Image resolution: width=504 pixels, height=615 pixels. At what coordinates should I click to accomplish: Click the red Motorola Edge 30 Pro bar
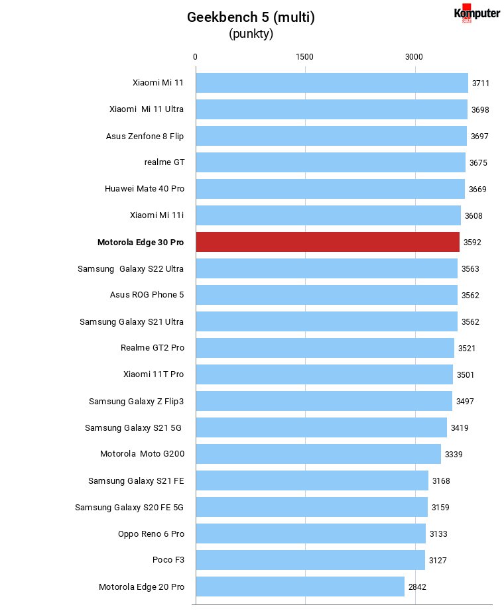click(x=328, y=242)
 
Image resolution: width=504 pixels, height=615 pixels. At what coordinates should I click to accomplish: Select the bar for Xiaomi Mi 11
click(x=332, y=83)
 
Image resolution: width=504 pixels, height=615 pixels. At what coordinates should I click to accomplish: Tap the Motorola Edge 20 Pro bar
click(x=300, y=587)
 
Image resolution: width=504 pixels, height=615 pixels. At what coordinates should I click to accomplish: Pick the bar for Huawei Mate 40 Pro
click(x=330, y=189)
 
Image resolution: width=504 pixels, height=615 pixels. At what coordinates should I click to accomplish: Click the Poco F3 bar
click(x=310, y=560)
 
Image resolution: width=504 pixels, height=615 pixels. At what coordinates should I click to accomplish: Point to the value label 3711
click(x=480, y=83)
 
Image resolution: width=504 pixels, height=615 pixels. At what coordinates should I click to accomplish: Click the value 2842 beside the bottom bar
click(x=417, y=587)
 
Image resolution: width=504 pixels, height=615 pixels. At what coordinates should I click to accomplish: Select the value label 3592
click(x=472, y=243)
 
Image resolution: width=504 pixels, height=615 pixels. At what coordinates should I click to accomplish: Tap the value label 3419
click(x=460, y=428)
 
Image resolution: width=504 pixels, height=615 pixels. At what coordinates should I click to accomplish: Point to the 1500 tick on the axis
click(x=304, y=57)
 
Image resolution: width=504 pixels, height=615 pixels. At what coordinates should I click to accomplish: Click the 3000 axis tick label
click(x=414, y=57)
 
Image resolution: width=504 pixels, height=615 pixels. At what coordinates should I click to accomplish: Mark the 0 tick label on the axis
click(x=195, y=57)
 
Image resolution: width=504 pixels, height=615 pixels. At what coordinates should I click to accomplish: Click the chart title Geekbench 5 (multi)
click(x=251, y=17)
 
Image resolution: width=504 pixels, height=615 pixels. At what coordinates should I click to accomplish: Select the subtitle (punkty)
click(x=251, y=34)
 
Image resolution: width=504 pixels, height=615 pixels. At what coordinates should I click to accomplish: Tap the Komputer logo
click(x=477, y=13)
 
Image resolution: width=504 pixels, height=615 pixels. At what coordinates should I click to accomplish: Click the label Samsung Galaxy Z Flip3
click(x=136, y=401)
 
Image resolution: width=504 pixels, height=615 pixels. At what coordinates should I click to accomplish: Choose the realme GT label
click(x=164, y=162)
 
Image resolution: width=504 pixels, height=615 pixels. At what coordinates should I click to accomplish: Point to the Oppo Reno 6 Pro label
click(x=151, y=533)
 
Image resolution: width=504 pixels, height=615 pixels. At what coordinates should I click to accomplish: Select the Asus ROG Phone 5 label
click(x=147, y=294)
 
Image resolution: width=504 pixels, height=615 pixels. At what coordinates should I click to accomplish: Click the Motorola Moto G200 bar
click(x=318, y=454)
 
